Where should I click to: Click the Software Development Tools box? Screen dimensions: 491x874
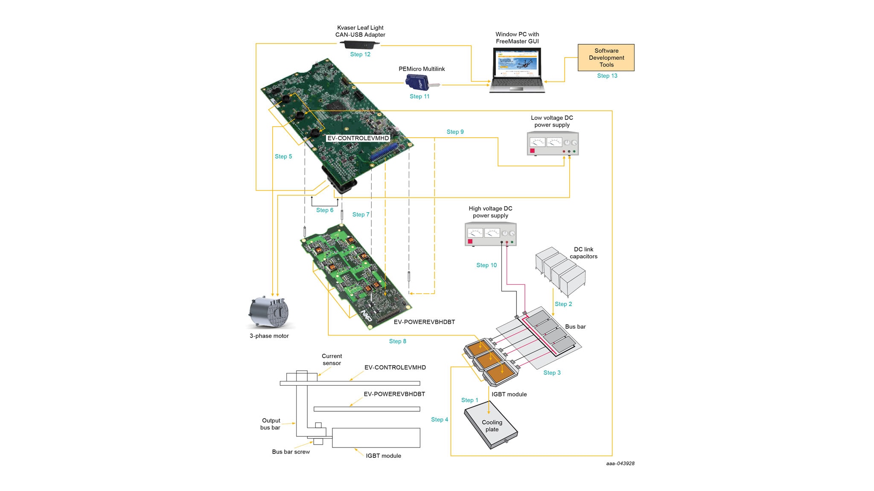[606, 58]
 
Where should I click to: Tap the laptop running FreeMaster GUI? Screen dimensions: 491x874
[517, 69]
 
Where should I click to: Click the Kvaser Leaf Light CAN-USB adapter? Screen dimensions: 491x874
[360, 44]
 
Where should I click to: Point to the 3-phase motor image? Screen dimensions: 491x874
[269, 313]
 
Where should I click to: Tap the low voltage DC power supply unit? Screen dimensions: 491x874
[553, 144]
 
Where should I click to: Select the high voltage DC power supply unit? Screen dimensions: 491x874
[490, 234]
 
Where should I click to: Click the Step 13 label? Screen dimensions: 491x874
[607, 76]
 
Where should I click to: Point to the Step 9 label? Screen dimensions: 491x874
[455, 132]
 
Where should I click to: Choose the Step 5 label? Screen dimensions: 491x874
[283, 157]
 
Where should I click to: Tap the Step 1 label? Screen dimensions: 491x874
[469, 400]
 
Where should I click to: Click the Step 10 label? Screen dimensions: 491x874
[487, 265]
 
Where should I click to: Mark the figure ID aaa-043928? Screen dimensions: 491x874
[620, 464]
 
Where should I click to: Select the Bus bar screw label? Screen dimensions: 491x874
[291, 452]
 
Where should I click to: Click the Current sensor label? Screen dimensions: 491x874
[332, 360]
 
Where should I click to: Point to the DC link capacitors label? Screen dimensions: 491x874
[583, 253]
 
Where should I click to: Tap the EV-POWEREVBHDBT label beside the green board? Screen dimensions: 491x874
[424, 322]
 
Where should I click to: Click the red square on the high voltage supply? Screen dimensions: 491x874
[470, 242]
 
